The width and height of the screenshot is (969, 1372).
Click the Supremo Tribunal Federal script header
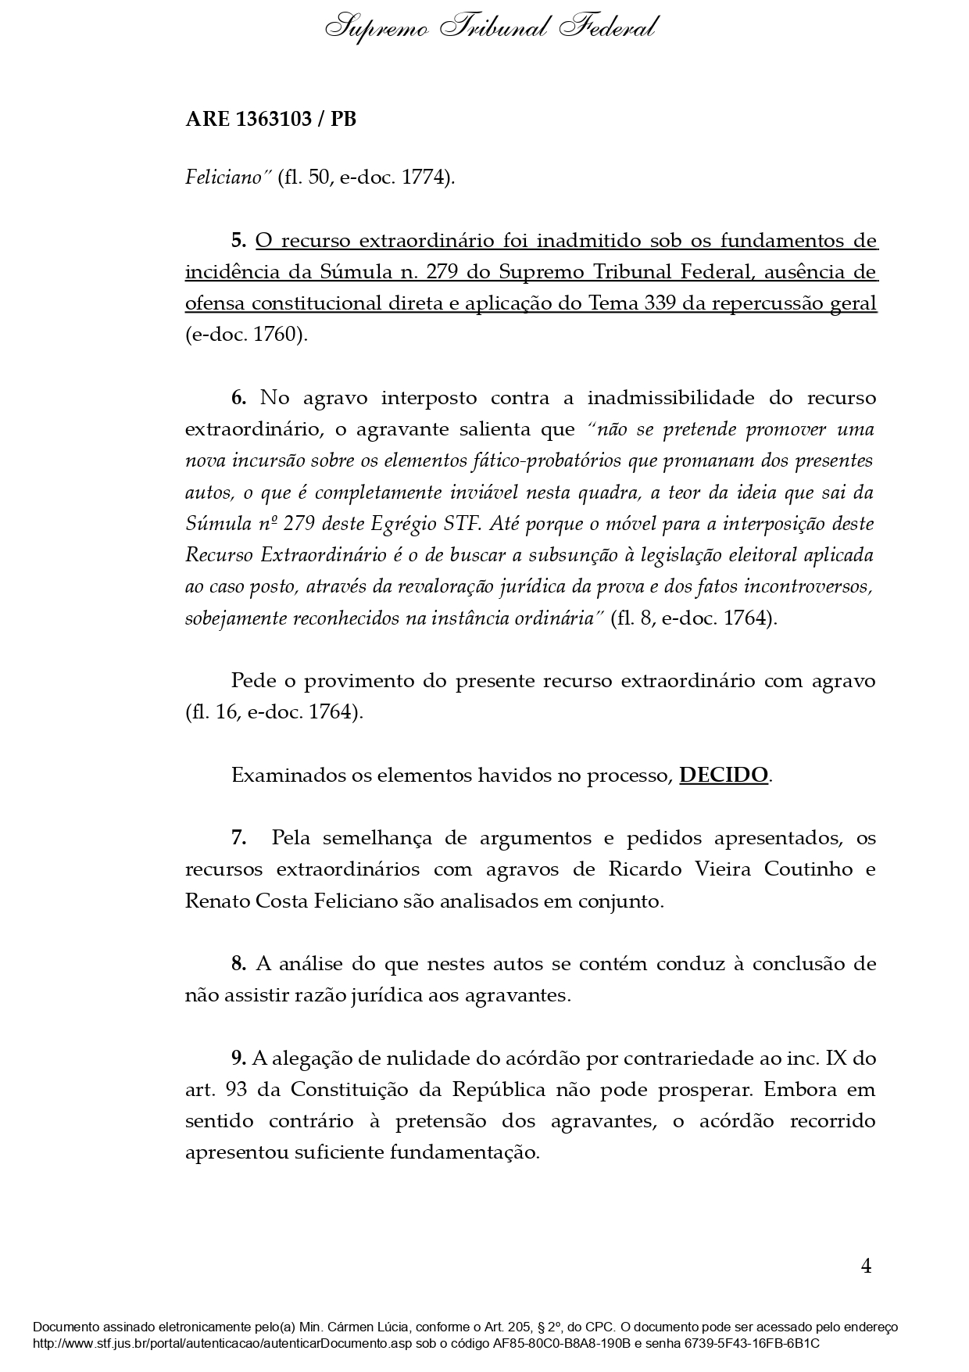490,29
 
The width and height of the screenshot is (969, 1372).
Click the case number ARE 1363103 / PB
270,120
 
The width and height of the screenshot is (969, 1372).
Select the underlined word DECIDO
724,776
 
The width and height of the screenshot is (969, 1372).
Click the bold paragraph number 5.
238,241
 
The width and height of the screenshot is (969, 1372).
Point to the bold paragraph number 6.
238,398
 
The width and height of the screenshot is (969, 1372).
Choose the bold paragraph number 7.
238,839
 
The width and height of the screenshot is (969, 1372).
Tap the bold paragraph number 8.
238,964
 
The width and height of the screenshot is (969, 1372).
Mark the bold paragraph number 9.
238,1059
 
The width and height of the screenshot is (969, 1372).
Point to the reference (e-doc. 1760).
247,335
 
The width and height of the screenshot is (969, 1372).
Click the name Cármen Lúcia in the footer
375,1327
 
